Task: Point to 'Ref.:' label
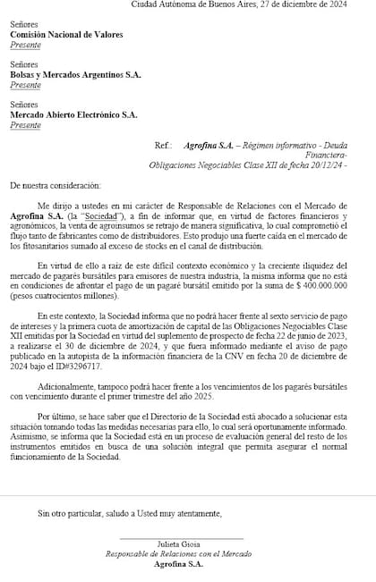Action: click(x=162, y=144)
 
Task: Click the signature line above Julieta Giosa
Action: click(x=182, y=539)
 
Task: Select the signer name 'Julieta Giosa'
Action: click(x=182, y=544)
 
